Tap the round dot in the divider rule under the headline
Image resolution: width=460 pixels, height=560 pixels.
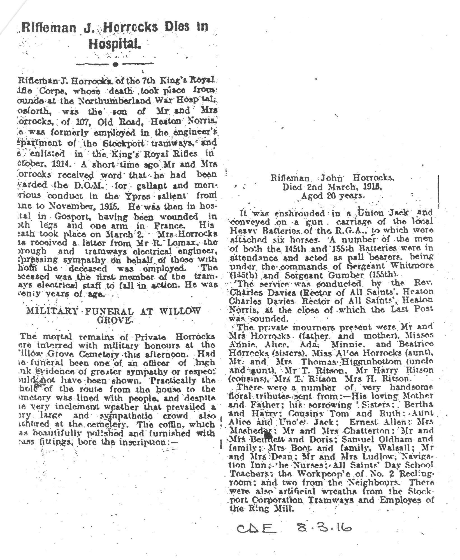tap(115, 64)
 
